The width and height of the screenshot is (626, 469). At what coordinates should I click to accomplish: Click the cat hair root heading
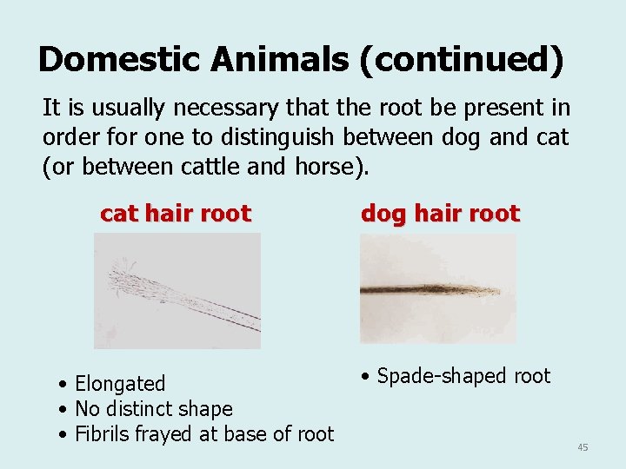176,213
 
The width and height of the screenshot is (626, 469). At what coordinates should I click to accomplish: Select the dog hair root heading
440,213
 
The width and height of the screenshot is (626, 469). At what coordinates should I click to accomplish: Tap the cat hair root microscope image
177,291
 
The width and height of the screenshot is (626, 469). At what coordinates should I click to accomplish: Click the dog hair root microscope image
437,289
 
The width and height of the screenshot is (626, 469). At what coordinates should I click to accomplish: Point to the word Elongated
120,383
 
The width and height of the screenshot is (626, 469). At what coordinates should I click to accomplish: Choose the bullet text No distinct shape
154,408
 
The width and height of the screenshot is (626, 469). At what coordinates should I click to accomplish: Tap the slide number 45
583,447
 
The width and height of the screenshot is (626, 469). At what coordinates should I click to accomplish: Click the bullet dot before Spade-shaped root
367,377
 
